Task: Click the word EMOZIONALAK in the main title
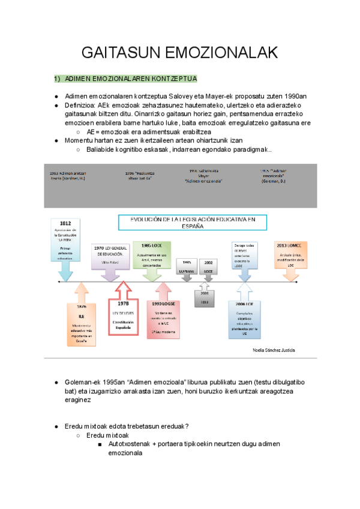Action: tap(220, 53)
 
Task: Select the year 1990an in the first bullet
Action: tap(295, 96)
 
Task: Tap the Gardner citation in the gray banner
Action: tap(68, 178)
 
